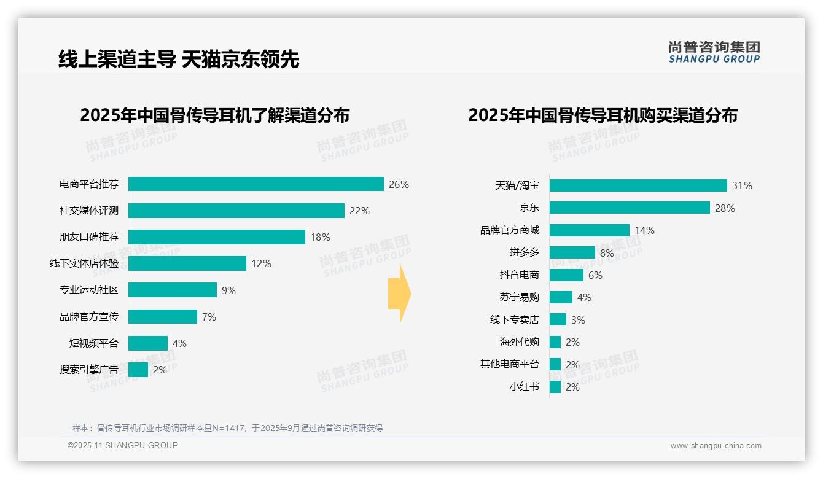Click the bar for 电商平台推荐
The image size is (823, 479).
click(x=256, y=184)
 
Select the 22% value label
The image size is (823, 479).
click(x=359, y=211)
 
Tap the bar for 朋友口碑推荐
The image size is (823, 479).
click(x=217, y=237)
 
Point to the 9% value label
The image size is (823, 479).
click(x=228, y=290)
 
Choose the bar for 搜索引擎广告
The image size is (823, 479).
click(x=138, y=370)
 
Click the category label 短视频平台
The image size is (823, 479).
click(x=93, y=343)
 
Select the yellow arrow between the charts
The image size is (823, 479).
click(x=399, y=294)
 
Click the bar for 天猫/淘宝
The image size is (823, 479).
click(x=638, y=185)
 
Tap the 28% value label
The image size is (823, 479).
click(x=725, y=208)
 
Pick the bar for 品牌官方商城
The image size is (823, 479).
click(x=590, y=230)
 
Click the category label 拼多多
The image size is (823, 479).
click(x=524, y=252)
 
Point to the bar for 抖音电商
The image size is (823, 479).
click(x=566, y=275)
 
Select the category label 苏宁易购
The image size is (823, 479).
click(x=519, y=297)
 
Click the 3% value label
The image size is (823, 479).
click(x=578, y=320)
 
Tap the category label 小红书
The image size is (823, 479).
click(x=524, y=387)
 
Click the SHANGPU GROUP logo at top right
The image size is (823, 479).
click(x=714, y=52)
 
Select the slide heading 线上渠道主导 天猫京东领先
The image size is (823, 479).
click(x=178, y=60)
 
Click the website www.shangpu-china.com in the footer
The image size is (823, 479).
click(x=716, y=446)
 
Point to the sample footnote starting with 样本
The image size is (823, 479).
click(x=227, y=428)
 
